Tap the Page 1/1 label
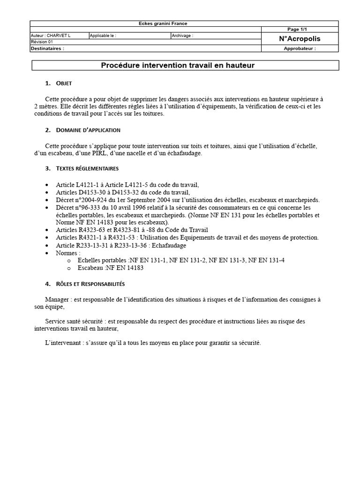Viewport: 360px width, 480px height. (x=300, y=29)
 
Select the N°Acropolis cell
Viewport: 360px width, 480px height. (x=300, y=39)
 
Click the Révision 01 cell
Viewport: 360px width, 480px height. (x=42, y=42)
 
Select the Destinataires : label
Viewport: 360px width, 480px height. (x=47, y=48)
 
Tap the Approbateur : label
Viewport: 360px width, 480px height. (x=300, y=48)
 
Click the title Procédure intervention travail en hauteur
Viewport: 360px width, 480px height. (x=178, y=66)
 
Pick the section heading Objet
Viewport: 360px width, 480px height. (x=64, y=83)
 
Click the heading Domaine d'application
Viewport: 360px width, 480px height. (x=88, y=130)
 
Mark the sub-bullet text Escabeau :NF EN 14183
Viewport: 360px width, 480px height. (x=111, y=268)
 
